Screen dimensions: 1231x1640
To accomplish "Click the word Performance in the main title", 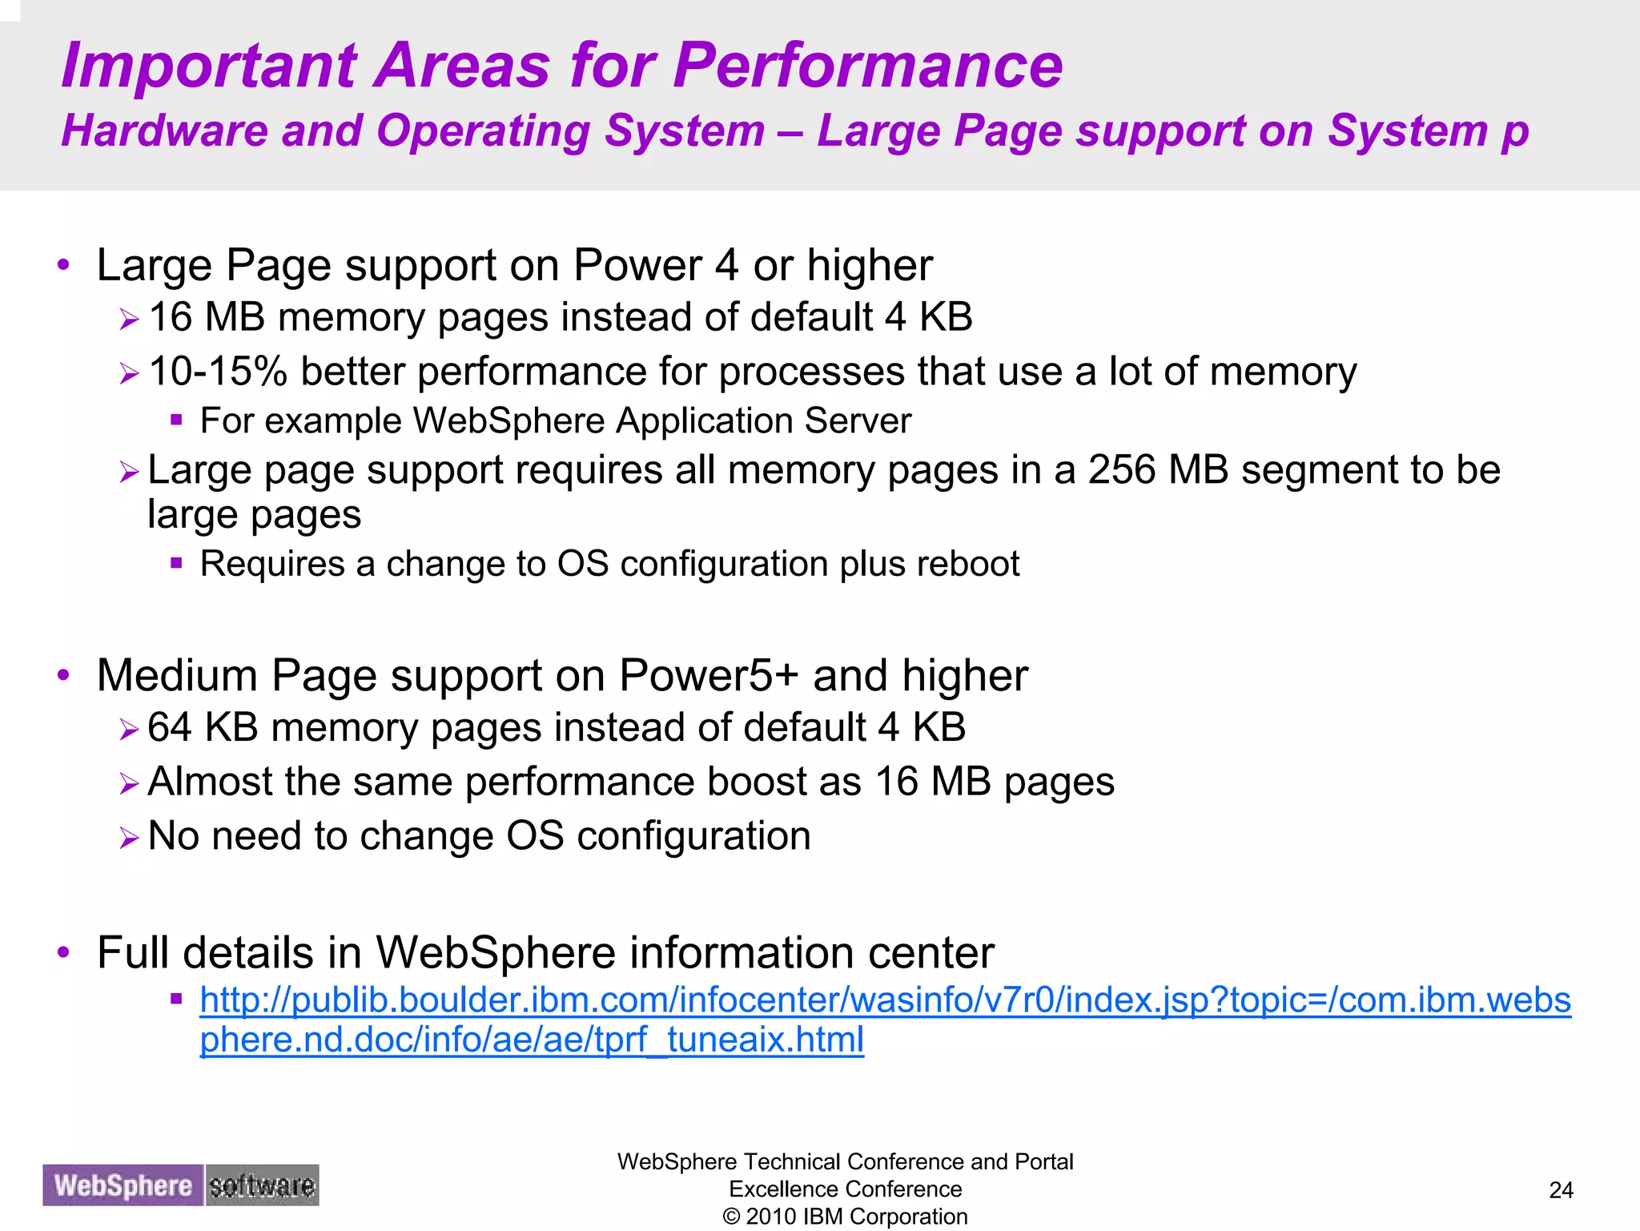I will (868, 66).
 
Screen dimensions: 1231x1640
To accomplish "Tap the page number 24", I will (1561, 1190).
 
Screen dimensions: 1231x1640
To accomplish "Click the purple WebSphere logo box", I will (123, 1185).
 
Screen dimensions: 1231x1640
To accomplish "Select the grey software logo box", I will (262, 1185).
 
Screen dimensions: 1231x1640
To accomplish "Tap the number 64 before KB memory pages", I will (169, 728).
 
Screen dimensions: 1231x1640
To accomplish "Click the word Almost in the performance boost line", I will (211, 782).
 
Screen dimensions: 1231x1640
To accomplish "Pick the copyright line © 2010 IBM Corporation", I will (845, 1217).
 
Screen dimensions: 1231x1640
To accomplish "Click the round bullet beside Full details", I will (64, 952).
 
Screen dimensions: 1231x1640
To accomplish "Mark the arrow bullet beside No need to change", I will (129, 838).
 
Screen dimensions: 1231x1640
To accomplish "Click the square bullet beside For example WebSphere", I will (177, 419).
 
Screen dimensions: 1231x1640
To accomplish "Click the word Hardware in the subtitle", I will (165, 131).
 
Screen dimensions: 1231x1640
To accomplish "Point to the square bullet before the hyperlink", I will (177, 998).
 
